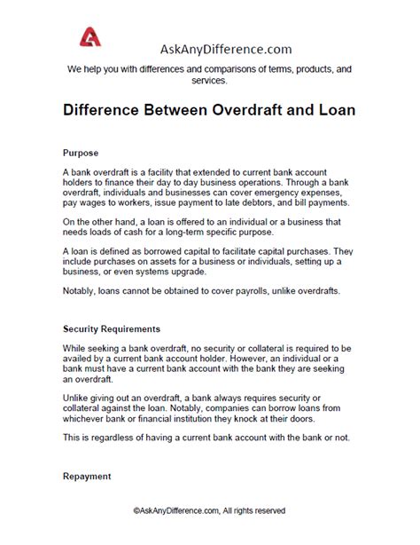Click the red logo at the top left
coord(90,36)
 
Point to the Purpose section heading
coord(82,152)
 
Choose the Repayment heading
coord(87,477)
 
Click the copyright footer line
coord(209,535)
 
